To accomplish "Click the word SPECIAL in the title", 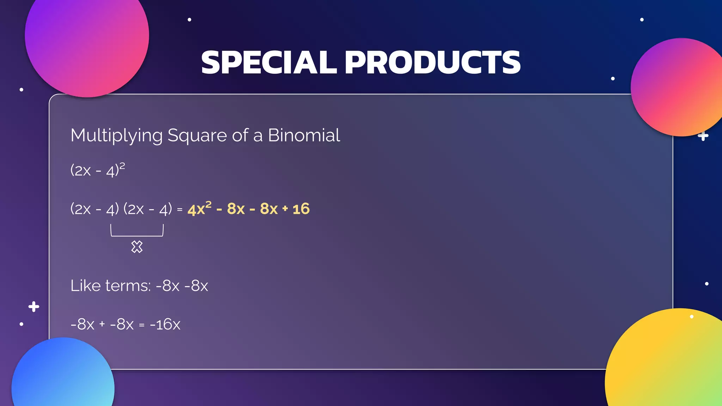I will pyautogui.click(x=269, y=62).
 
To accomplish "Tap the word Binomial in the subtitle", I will pyautogui.click(x=304, y=135).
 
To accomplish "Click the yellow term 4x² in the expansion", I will pyautogui.click(x=199, y=209).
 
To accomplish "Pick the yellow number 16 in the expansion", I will pyautogui.click(x=301, y=209).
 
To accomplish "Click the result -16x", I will pyautogui.click(x=165, y=324).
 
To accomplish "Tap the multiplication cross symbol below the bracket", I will pyautogui.click(x=137, y=247).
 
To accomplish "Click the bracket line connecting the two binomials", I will pyautogui.click(x=137, y=235).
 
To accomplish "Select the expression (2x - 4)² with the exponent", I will pyautogui.click(x=98, y=170).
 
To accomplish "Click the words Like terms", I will pyautogui.click(x=110, y=285).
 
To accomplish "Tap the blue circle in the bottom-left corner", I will pyautogui.click(x=63, y=377).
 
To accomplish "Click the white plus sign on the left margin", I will pyautogui.click(x=34, y=307).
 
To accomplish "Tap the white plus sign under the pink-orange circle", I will pyautogui.click(x=703, y=136).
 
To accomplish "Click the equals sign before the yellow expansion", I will pyautogui.click(x=180, y=210).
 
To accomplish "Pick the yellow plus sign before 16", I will pyautogui.click(x=285, y=209).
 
